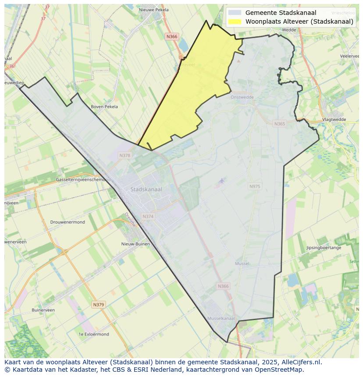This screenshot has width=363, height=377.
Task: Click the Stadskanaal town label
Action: [x=146, y=190]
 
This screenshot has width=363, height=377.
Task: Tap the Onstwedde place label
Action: [x=242, y=97]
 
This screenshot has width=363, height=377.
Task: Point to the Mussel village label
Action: [x=242, y=264]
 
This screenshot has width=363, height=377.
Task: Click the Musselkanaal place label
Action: [x=221, y=318]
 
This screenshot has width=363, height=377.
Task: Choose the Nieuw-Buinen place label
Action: [x=135, y=244]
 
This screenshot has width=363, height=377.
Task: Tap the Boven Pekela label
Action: [x=104, y=106]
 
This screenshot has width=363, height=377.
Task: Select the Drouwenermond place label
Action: [x=68, y=222]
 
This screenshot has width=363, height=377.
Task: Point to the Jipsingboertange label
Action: [x=324, y=248]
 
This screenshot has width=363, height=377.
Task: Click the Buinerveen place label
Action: [x=43, y=310]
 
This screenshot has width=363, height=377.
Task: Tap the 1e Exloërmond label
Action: [x=93, y=334]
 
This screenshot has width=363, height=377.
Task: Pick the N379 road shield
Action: [x=99, y=304]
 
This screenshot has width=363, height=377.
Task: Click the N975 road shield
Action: [x=255, y=187]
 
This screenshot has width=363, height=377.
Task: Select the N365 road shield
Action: [x=279, y=124]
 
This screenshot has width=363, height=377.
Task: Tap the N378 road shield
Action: [x=125, y=155]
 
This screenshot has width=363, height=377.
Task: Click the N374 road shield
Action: [x=148, y=216]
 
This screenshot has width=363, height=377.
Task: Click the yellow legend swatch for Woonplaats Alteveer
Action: [x=235, y=21]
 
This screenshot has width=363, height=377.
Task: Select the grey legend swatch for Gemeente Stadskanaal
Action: [x=235, y=13]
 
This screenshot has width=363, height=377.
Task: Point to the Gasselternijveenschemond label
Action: [x=83, y=180]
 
